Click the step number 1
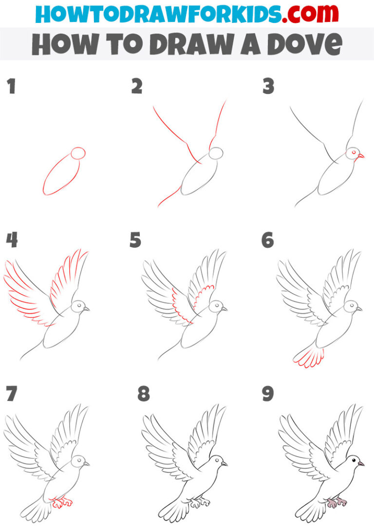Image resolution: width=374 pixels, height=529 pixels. [x=11, y=87]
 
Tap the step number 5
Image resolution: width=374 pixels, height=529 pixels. [x=135, y=240]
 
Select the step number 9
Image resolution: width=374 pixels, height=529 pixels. [x=268, y=394]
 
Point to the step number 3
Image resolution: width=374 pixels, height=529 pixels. [x=268, y=87]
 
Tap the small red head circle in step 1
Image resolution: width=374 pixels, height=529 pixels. [x=78, y=153]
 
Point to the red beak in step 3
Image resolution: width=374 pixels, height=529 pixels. [x=360, y=156]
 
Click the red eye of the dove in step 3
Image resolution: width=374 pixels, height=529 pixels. [x=351, y=153]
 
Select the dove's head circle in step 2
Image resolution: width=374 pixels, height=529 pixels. [x=216, y=153]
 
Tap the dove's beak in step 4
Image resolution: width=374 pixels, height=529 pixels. [x=87, y=309]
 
